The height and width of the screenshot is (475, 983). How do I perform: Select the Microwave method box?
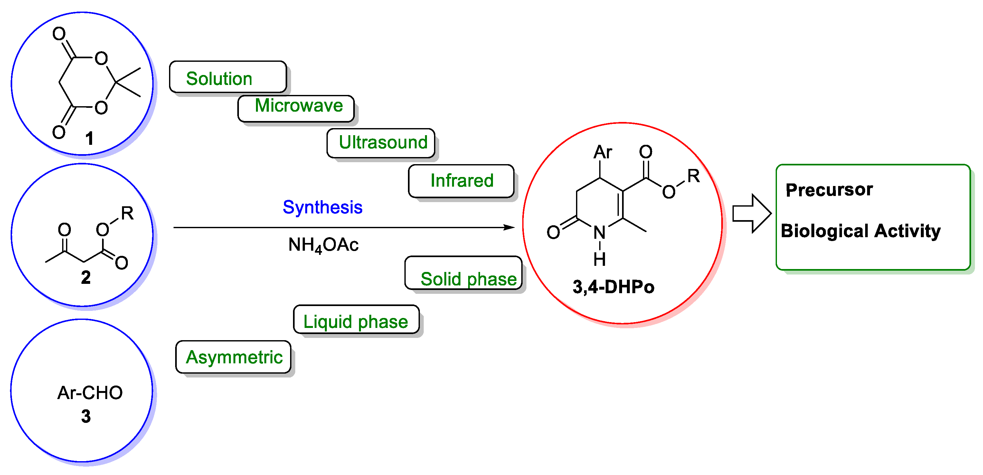296,108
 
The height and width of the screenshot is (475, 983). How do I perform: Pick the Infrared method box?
461,181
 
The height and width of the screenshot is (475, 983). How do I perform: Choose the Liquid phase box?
356,320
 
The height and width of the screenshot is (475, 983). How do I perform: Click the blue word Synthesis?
322,207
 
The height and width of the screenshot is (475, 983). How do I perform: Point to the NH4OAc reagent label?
323,245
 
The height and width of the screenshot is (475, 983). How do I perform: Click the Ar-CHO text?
90,393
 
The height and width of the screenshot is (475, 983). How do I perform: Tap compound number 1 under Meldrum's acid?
89,138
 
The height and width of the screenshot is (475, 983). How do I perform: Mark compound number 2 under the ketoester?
86,277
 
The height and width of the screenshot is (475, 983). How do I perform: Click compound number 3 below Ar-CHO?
86,416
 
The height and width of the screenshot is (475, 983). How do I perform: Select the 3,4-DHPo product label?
613,287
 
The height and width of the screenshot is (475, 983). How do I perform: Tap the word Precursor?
829,190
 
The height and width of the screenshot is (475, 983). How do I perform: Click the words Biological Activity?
861,231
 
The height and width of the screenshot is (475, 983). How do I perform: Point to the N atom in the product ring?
600,232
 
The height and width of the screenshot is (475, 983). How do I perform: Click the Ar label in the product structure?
602,152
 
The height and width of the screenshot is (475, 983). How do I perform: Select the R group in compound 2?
127,213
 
